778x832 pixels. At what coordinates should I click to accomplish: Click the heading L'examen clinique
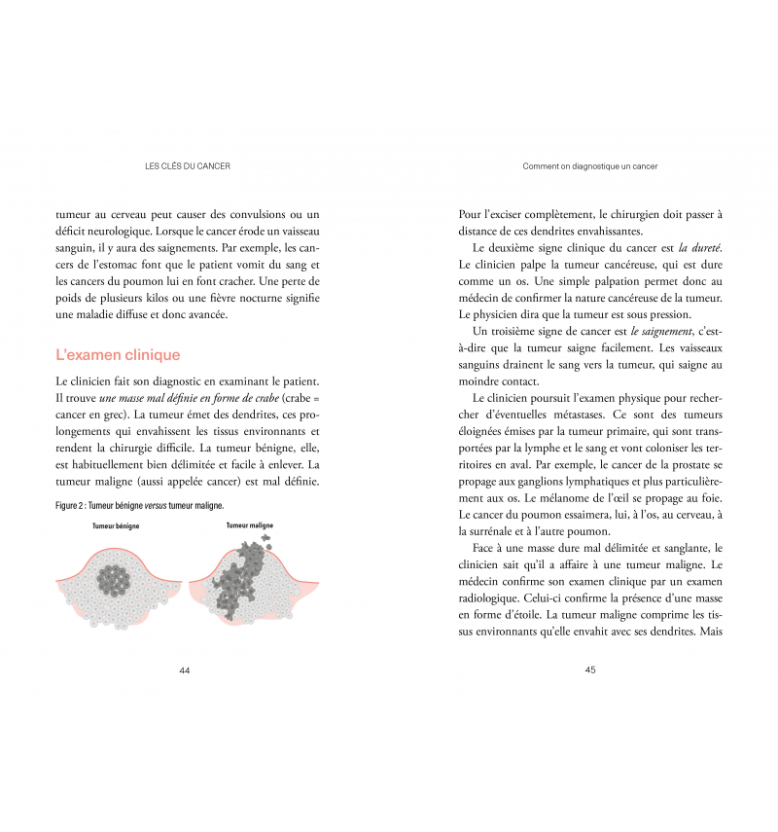[x=118, y=355]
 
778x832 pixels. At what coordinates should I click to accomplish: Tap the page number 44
[x=185, y=669]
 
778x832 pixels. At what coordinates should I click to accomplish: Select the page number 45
[x=590, y=669]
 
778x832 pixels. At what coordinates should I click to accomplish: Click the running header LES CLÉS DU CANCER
[x=187, y=166]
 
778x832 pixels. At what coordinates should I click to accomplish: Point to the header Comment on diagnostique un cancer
[x=590, y=166]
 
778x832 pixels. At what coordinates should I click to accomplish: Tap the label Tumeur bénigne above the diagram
[x=116, y=525]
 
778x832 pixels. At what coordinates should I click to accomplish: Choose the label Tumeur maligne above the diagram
[x=250, y=525]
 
